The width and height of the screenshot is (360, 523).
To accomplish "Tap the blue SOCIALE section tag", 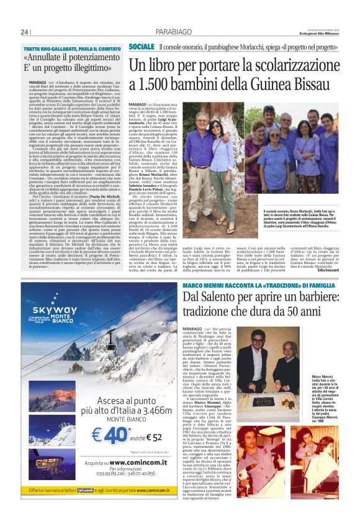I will pyautogui.click(x=142, y=47).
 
